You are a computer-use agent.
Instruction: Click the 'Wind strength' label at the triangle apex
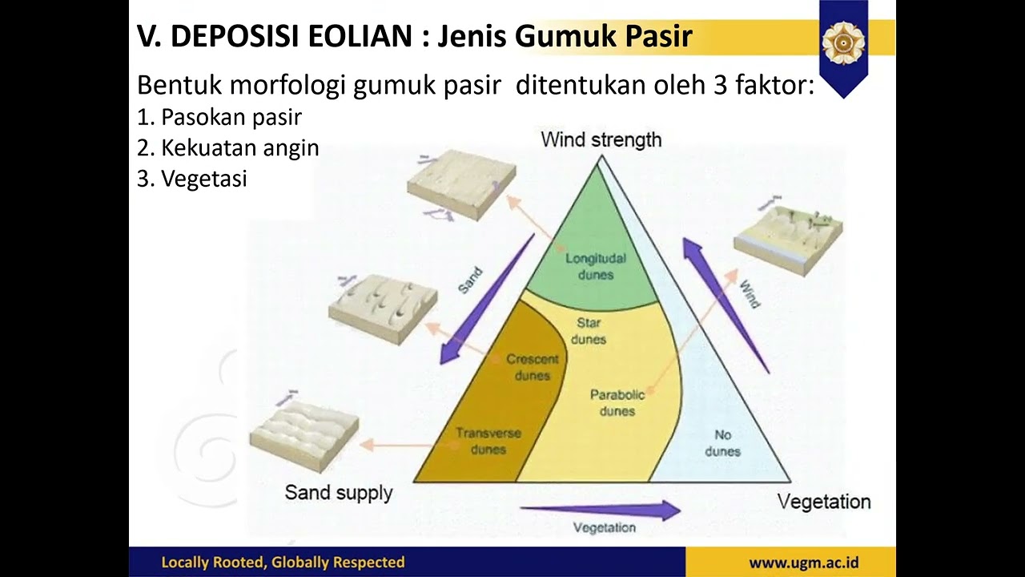click(x=601, y=139)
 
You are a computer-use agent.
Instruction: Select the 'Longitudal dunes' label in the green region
click(x=595, y=266)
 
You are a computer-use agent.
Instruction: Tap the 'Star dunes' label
click(x=589, y=331)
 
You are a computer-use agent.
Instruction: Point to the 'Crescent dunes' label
click(x=532, y=367)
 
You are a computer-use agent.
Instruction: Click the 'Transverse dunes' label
click(x=488, y=441)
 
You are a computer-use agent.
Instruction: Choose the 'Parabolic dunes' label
click(x=617, y=402)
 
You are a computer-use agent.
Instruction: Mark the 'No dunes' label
click(x=722, y=442)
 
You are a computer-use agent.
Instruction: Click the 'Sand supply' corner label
click(x=339, y=492)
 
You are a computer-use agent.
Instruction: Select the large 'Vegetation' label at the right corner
click(x=824, y=502)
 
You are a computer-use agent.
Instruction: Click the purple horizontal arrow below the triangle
click(x=601, y=510)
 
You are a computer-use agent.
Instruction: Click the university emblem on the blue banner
click(x=843, y=42)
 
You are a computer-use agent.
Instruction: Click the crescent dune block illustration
click(x=383, y=307)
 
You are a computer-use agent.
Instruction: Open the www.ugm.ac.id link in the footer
click(x=803, y=563)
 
